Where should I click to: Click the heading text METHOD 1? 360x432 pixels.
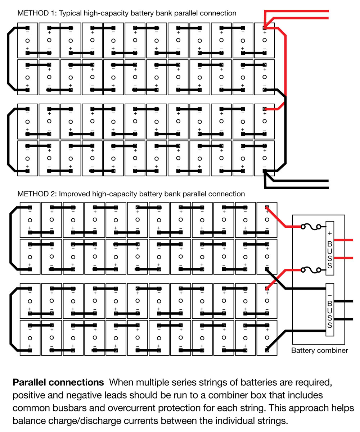(36, 13)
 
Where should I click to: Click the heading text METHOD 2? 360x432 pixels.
(36, 194)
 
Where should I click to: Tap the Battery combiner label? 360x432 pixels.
(319, 350)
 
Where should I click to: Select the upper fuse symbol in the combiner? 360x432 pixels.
(310, 227)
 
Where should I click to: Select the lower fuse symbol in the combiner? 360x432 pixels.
(310, 269)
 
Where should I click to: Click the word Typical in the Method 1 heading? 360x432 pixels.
(71, 13)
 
